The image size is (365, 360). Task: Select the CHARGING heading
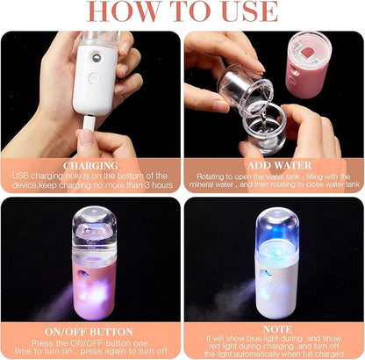click(90, 164)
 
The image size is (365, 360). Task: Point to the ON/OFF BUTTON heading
click(90, 331)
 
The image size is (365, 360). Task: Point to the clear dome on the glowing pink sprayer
click(93, 227)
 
